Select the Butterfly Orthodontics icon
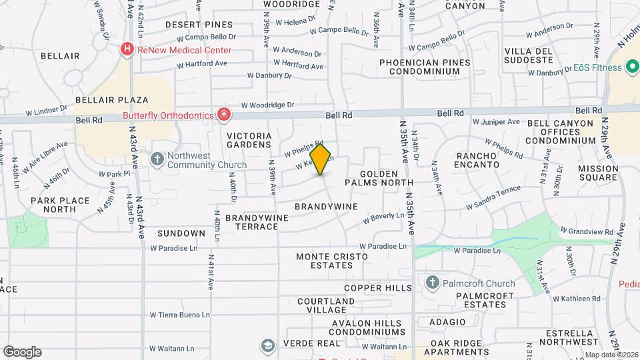pyautogui.click(x=225, y=115)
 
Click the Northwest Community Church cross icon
pyautogui.click(x=157, y=159)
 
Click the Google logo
pyautogui.click(x=22, y=351)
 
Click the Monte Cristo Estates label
pyautogui.click(x=324, y=260)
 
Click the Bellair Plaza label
pyautogui.click(x=111, y=100)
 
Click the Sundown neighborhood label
pyautogui.click(x=181, y=233)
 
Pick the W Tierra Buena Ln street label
pyautogui.click(x=180, y=315)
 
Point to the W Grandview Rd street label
pyautogui.click(x=587, y=231)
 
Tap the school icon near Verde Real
pyautogui.click(x=267, y=345)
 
